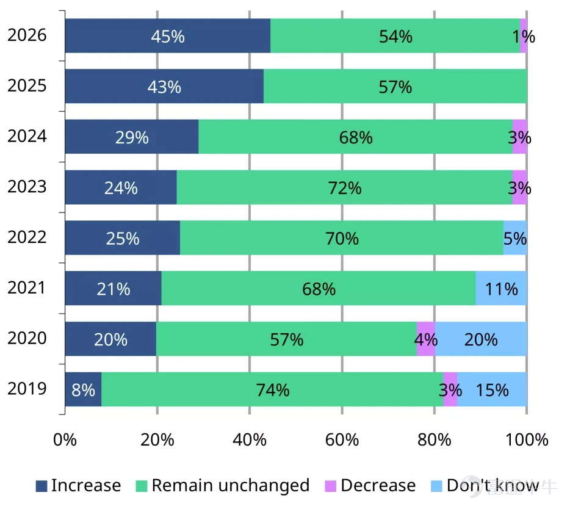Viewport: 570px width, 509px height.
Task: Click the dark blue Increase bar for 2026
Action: (x=168, y=35)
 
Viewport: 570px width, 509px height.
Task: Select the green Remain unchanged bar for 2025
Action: (x=395, y=86)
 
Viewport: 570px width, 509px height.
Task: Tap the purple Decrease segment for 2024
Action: (x=520, y=137)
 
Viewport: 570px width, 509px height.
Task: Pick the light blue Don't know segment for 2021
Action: (x=501, y=288)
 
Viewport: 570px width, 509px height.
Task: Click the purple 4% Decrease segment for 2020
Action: (x=426, y=339)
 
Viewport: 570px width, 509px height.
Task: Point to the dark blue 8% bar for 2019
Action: (x=83, y=389)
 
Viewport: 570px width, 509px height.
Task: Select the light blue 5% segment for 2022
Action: (x=515, y=238)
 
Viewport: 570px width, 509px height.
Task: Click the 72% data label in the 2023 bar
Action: (x=345, y=188)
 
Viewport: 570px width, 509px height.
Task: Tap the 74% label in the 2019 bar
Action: (x=273, y=390)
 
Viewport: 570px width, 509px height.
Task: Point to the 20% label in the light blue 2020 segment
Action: (x=480, y=339)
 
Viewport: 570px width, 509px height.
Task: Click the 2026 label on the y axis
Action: (x=27, y=35)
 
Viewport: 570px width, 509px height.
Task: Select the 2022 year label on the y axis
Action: (x=27, y=237)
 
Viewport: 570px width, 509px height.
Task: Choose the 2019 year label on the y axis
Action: (x=27, y=389)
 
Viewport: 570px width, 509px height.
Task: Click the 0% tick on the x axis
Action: (x=65, y=439)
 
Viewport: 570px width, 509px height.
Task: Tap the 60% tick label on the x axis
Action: (x=342, y=439)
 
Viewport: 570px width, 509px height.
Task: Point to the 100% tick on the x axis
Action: (x=527, y=439)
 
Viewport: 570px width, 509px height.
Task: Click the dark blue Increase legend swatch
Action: (x=41, y=486)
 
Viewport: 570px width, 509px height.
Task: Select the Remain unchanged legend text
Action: (x=231, y=485)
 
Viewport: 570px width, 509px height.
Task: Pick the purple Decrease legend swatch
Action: (x=330, y=486)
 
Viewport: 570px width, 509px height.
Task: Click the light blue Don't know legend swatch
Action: (x=436, y=486)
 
